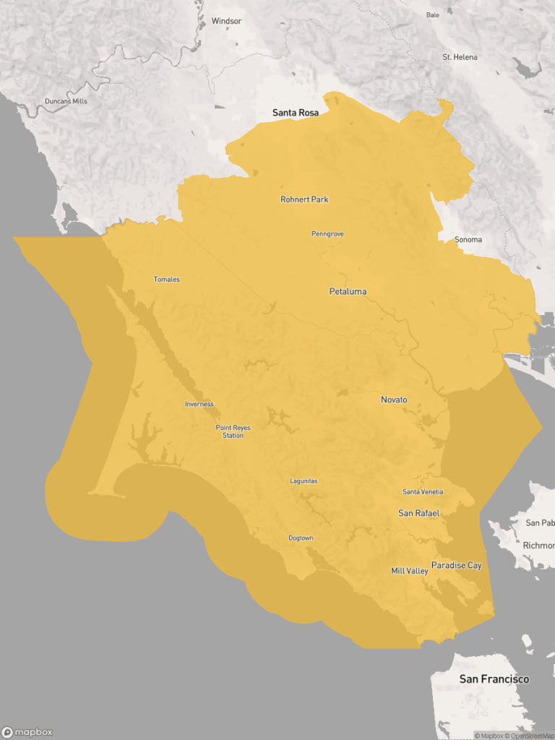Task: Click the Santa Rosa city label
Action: (x=295, y=113)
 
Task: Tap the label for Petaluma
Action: (x=348, y=292)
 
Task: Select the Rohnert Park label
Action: (x=304, y=199)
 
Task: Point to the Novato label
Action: (x=394, y=400)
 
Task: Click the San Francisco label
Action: (x=494, y=679)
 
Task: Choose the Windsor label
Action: (x=226, y=21)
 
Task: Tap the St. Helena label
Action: (x=460, y=57)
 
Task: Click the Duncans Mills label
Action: (x=66, y=101)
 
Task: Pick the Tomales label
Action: (x=167, y=280)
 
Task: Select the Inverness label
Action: (x=199, y=405)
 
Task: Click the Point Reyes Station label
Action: (x=233, y=431)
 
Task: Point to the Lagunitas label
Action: (x=304, y=481)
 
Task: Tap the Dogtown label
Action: (x=301, y=538)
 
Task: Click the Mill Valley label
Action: (x=410, y=571)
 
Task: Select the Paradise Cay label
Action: (x=456, y=565)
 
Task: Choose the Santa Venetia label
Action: (x=423, y=492)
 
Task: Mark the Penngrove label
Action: (x=327, y=234)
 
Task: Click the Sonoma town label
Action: (x=468, y=239)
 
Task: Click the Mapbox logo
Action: (x=27, y=731)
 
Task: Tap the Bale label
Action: (x=433, y=14)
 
